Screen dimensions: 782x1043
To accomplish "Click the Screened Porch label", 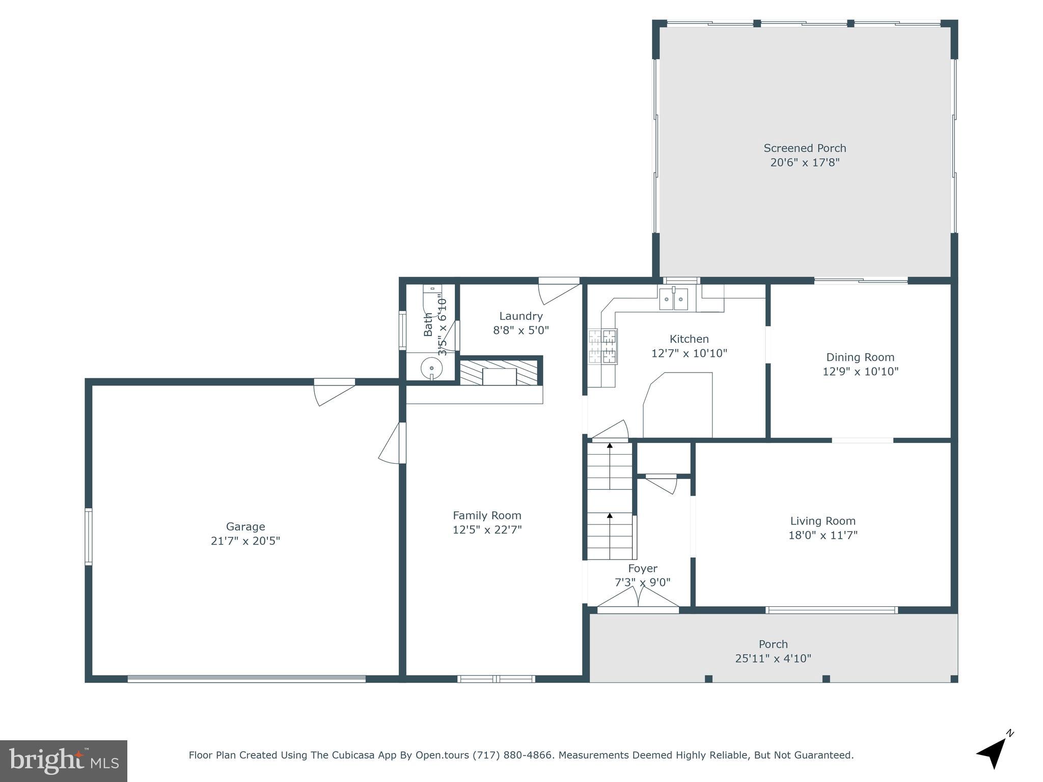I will (805, 148).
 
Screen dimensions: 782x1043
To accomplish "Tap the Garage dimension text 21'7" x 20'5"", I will (245, 541).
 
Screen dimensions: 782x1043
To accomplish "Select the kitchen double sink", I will (673, 299).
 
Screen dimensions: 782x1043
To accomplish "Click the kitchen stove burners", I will (603, 346).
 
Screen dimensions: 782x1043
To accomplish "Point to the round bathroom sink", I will (431, 367).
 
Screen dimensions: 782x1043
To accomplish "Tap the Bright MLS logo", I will (64, 761).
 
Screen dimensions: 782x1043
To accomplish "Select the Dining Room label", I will (860, 357).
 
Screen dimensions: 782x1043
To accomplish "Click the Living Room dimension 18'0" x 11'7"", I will (823, 535).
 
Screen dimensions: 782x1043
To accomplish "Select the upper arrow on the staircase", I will (610, 446).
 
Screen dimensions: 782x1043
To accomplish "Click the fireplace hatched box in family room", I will (499, 373).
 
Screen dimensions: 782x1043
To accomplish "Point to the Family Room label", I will (487, 515).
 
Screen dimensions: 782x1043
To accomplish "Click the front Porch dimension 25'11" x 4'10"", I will (773, 658).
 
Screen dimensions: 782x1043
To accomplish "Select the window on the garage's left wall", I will (89, 536).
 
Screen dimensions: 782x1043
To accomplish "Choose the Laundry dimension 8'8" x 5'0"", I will (520, 330).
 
